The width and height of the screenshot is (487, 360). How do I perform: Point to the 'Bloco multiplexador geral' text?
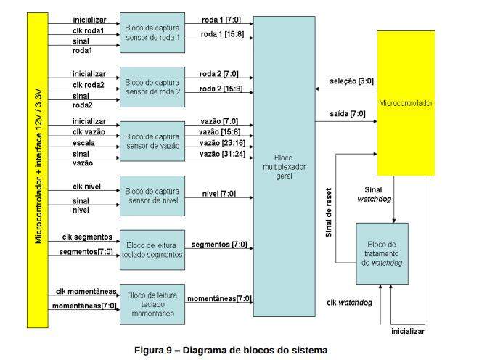pyautogui.click(x=284, y=165)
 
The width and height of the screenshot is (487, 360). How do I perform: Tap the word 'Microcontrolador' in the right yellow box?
pyautogui.click(x=406, y=104)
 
